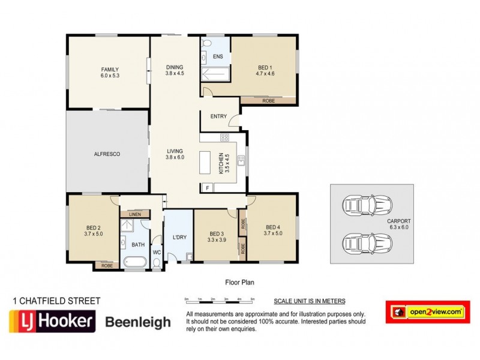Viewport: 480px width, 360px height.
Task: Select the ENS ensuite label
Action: click(x=218, y=56)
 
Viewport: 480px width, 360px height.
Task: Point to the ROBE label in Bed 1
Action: click(x=269, y=100)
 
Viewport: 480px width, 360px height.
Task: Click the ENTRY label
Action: click(x=218, y=116)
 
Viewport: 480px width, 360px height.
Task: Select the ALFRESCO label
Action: click(x=107, y=154)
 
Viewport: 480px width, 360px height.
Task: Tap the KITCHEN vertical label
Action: click(x=223, y=163)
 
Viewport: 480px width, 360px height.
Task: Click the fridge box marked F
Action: click(x=208, y=187)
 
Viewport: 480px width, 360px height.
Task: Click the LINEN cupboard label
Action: click(x=135, y=214)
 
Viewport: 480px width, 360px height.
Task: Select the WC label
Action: click(x=157, y=253)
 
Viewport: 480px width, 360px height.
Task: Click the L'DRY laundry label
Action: click(x=179, y=238)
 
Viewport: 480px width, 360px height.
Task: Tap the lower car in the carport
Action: click(x=362, y=244)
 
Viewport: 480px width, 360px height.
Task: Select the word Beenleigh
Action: click(x=138, y=322)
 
